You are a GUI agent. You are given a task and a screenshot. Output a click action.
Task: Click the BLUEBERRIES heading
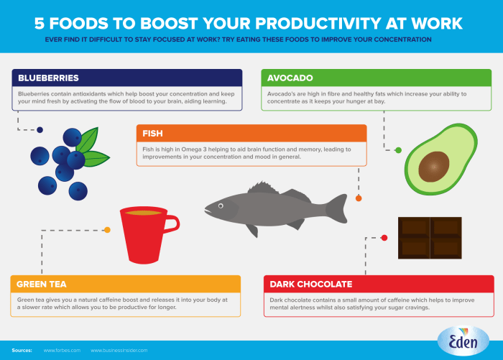click(x=47, y=78)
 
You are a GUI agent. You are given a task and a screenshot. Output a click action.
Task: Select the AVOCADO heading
click(x=290, y=78)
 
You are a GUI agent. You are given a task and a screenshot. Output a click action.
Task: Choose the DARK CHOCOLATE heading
click(x=310, y=284)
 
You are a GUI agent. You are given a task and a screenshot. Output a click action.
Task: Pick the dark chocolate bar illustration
click(x=430, y=238)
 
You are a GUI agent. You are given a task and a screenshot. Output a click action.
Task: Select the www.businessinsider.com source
click(x=119, y=350)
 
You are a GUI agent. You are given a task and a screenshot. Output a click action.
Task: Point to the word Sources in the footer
click(x=22, y=350)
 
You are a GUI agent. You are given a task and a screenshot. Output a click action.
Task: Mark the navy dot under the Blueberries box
click(x=40, y=130)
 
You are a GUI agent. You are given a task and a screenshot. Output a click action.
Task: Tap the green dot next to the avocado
click(x=398, y=150)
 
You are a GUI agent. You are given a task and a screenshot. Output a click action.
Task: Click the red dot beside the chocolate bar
click(x=384, y=237)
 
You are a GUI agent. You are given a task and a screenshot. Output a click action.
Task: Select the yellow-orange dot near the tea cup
click(x=107, y=230)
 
